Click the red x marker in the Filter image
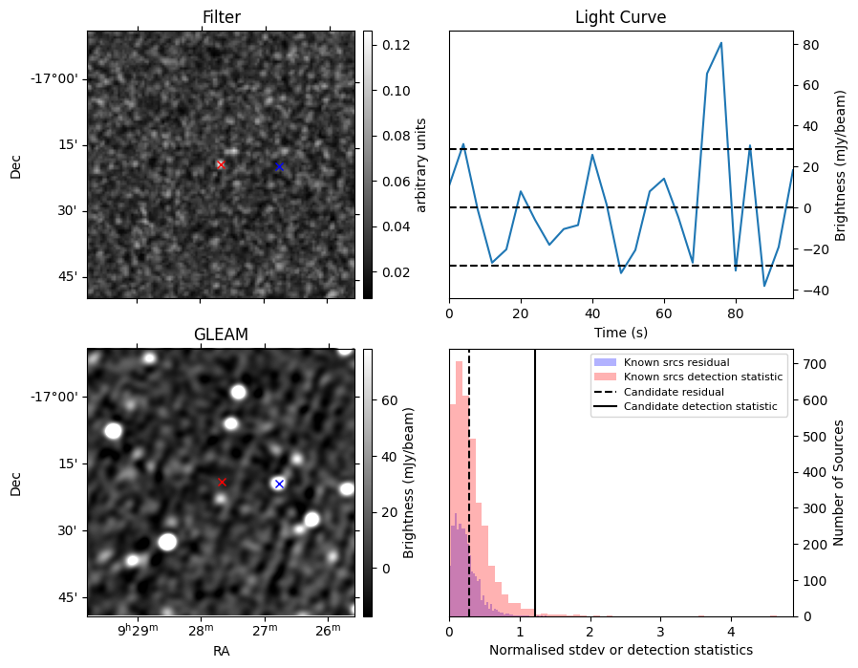[x=221, y=164]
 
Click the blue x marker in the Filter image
[x=279, y=166]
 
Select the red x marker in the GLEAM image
[x=223, y=483]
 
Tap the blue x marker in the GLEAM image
[x=279, y=484]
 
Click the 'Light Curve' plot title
[x=620, y=17]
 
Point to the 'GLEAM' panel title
[x=221, y=334]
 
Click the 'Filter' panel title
[x=221, y=17]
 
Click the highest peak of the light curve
[x=720, y=43]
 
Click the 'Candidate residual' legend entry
[x=674, y=392]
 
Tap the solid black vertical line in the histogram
[x=535, y=497]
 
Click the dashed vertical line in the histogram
[x=469, y=497]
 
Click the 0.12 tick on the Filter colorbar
[x=396, y=45]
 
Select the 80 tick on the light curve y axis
[x=806, y=44]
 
